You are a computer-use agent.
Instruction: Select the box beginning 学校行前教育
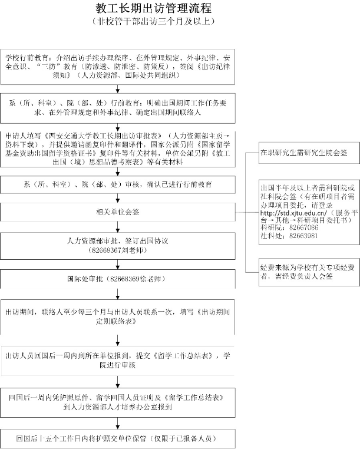click(x=118, y=67)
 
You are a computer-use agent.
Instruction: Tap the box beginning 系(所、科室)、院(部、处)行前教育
click(x=118, y=104)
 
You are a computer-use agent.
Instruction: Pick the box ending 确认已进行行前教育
click(x=118, y=184)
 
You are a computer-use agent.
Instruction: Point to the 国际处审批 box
click(x=118, y=278)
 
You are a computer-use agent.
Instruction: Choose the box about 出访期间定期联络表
click(x=118, y=313)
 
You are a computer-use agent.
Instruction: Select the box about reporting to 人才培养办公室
click(x=118, y=402)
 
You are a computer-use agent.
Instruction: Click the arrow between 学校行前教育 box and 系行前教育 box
click(x=118, y=89)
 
